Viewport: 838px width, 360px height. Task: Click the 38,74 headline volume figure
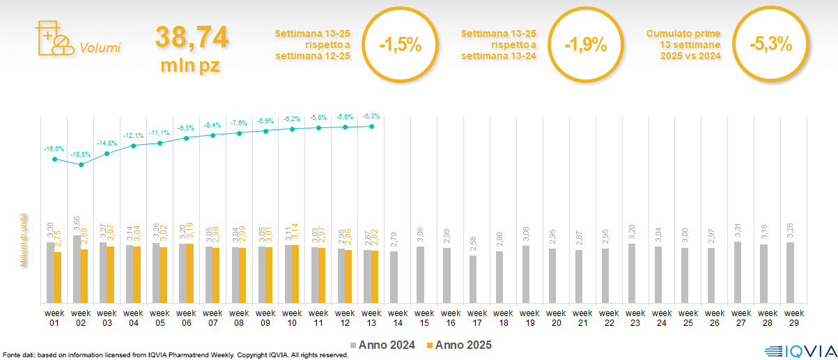(192, 38)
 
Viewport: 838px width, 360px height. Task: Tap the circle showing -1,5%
(400, 45)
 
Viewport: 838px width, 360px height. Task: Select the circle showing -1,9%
(585, 45)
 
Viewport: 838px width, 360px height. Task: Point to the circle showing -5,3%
(770, 45)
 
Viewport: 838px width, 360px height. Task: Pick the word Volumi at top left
(100, 48)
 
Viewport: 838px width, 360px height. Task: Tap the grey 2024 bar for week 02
(77, 269)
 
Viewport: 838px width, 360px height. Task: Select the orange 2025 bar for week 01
(58, 277)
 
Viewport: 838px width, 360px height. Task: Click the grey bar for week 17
(473, 279)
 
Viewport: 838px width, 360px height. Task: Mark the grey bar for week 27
(738, 272)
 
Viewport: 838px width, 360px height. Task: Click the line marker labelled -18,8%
(82, 165)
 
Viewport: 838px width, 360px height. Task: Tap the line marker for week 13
(371, 127)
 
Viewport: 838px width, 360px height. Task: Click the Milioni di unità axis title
(24, 240)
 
